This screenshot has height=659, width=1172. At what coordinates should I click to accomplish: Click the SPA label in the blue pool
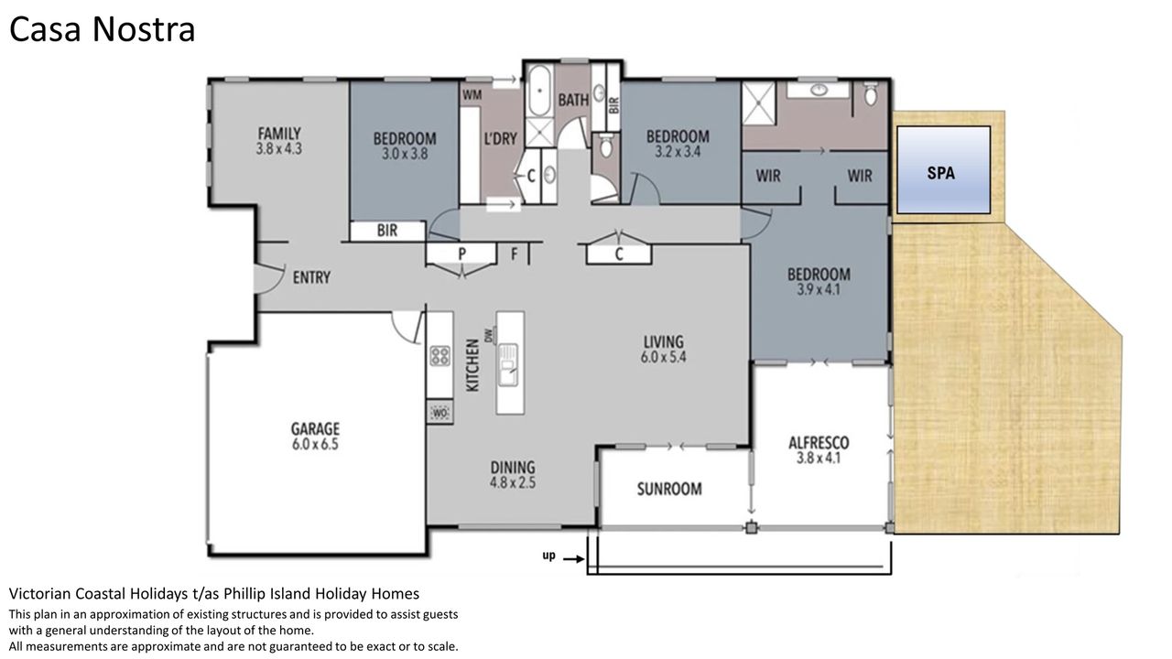940,173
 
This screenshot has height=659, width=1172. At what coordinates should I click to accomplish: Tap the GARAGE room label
315,429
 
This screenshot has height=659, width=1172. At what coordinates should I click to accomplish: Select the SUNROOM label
669,489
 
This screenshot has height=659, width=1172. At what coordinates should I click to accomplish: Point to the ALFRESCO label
819,443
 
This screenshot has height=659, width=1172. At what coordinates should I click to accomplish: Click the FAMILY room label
279,134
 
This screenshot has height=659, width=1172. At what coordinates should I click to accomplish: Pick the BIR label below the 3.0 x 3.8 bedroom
387,230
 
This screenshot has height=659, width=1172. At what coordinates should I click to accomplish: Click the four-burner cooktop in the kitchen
440,356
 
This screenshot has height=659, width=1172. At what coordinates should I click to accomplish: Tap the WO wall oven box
440,413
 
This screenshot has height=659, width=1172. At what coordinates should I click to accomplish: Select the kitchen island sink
507,364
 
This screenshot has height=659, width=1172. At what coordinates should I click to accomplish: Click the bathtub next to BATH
539,91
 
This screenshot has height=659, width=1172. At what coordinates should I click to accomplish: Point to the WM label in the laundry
472,95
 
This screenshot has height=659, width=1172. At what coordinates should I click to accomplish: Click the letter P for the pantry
462,254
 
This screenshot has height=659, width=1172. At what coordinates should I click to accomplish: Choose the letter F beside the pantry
515,254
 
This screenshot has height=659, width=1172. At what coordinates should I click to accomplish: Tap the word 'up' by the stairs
548,556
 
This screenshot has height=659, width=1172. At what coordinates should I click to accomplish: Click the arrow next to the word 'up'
573,559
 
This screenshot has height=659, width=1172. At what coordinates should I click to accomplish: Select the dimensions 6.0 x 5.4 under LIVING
664,357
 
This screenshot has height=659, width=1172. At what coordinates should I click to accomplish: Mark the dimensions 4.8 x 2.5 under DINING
513,482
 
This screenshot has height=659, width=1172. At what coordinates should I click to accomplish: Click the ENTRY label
311,277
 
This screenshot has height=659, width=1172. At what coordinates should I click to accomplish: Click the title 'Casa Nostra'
102,29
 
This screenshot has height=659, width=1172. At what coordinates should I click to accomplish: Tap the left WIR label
768,176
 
